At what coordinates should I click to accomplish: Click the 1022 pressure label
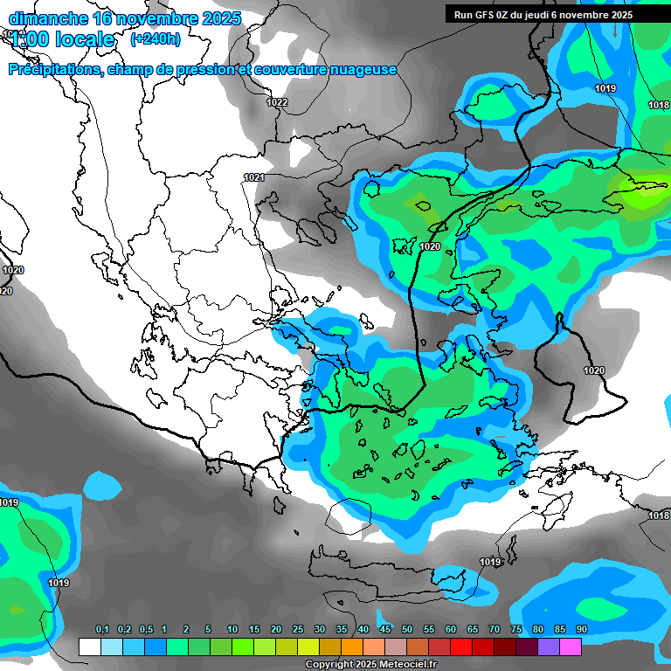pyautogui.click(x=277, y=103)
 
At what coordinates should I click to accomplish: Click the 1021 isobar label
pyautogui.click(x=254, y=177)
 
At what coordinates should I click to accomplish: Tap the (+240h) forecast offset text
pyautogui.click(x=155, y=39)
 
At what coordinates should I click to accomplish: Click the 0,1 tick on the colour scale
pyautogui.click(x=101, y=629)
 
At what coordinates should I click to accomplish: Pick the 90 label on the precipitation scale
pyautogui.click(x=581, y=629)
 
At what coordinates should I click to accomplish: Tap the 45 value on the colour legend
pyautogui.click(x=385, y=629)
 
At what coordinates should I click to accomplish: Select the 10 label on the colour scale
pyautogui.click(x=232, y=629)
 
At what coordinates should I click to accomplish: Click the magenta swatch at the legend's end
pyautogui.click(x=571, y=647)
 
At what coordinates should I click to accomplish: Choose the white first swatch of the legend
pyautogui.click(x=90, y=647)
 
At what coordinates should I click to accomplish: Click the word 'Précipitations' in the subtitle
pyautogui.click(x=54, y=69)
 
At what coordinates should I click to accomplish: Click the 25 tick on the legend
pyautogui.click(x=298, y=629)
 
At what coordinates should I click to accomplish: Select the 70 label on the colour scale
pyautogui.click(x=495, y=629)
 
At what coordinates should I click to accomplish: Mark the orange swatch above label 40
pyautogui.click(x=352, y=647)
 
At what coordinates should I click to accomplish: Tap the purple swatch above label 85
pyautogui.click(x=549, y=647)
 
